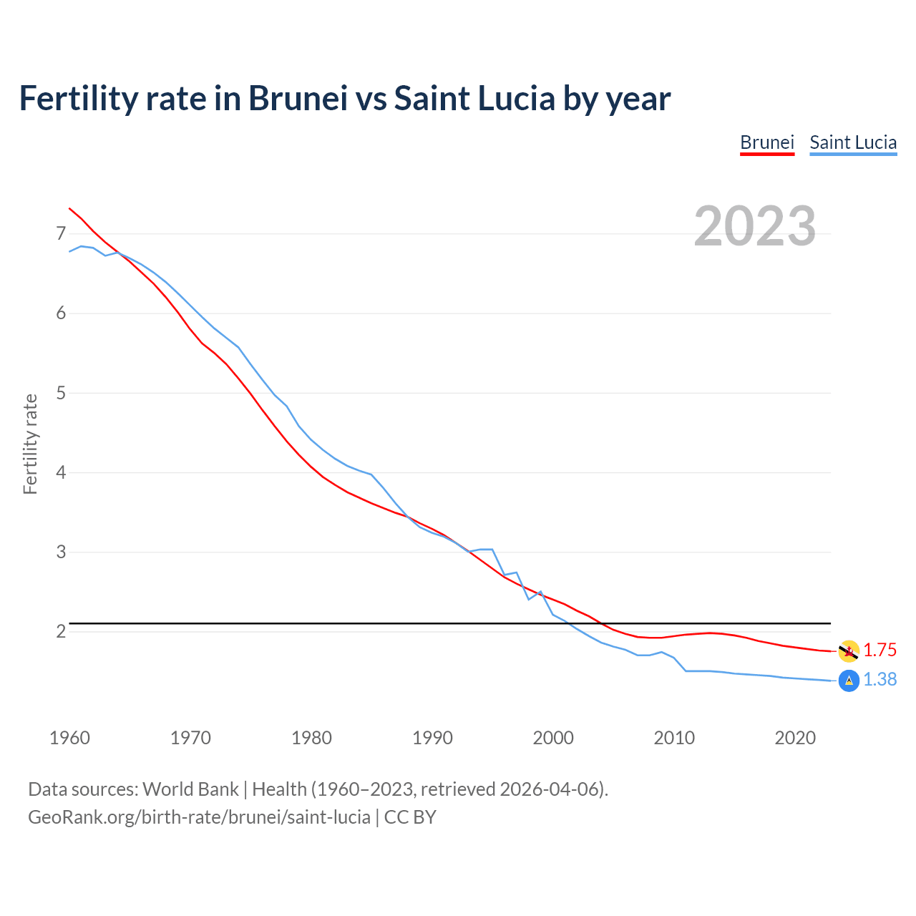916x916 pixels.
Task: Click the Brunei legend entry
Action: coord(767,142)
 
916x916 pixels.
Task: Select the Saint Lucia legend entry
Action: coord(853,142)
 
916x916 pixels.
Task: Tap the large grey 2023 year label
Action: coord(755,226)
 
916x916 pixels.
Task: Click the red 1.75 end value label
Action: coord(880,650)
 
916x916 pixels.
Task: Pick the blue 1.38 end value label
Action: coord(880,679)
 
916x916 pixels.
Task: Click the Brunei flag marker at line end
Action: coord(849,651)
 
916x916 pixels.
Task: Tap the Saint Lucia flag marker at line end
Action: coord(849,681)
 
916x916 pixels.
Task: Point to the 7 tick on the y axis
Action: coord(61,233)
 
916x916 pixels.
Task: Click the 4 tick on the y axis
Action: coord(61,472)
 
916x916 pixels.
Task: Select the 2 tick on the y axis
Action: coord(61,631)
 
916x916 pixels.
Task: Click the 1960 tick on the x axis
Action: coord(69,738)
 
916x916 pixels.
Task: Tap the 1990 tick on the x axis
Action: coord(432,738)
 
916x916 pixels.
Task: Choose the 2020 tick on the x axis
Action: coord(795,738)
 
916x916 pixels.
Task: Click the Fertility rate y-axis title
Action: coord(30,444)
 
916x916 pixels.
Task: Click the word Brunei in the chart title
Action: coord(298,98)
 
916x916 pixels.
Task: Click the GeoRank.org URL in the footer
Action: coord(199,817)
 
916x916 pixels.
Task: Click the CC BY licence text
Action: coord(410,817)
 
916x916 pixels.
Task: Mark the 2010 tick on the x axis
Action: coord(674,738)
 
